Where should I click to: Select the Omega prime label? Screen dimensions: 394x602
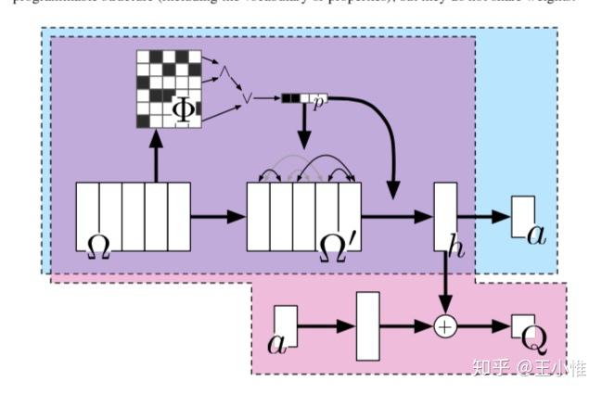(x=337, y=244)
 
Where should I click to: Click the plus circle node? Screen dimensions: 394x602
(x=447, y=326)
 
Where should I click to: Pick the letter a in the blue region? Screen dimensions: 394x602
(x=536, y=232)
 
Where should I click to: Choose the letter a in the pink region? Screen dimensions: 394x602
(x=277, y=343)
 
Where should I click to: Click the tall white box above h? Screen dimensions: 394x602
(x=446, y=217)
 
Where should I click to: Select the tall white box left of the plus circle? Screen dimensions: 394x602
(x=368, y=325)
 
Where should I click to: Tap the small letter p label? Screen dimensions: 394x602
(x=316, y=98)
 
